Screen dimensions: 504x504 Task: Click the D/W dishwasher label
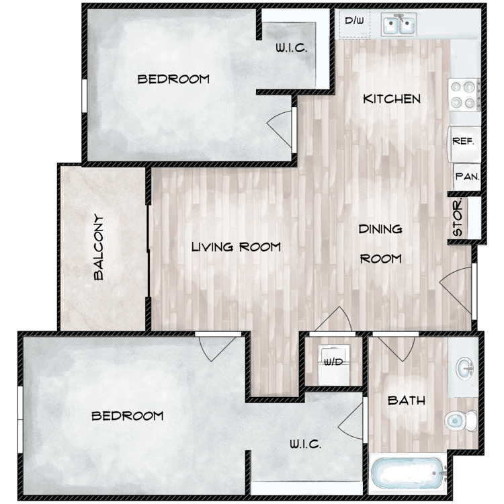pyautogui.click(x=354, y=21)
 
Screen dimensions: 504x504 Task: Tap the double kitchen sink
pyautogui.click(x=399, y=24)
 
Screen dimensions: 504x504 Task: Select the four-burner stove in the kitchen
pyautogui.click(x=464, y=95)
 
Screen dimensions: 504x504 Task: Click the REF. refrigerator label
pyautogui.click(x=463, y=141)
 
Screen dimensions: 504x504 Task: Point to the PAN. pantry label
pyautogui.click(x=467, y=177)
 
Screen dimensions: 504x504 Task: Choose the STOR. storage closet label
pyautogui.click(x=458, y=217)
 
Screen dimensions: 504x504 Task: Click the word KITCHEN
pyautogui.click(x=392, y=99)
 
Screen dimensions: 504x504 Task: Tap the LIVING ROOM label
pyautogui.click(x=237, y=247)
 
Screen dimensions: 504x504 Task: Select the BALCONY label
pyautogui.click(x=99, y=247)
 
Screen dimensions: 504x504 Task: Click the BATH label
pyautogui.click(x=407, y=401)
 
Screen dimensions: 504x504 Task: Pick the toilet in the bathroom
pyautogui.click(x=461, y=421)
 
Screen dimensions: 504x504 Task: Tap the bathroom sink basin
pyautogui.click(x=464, y=368)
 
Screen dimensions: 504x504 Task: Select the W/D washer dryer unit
pyautogui.click(x=333, y=364)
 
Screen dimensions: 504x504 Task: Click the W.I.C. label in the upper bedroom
pyautogui.click(x=291, y=48)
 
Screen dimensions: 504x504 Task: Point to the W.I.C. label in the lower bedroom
pyautogui.click(x=305, y=444)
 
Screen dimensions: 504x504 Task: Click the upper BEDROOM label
pyautogui.click(x=173, y=79)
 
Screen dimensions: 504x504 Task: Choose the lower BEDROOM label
pyautogui.click(x=128, y=416)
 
